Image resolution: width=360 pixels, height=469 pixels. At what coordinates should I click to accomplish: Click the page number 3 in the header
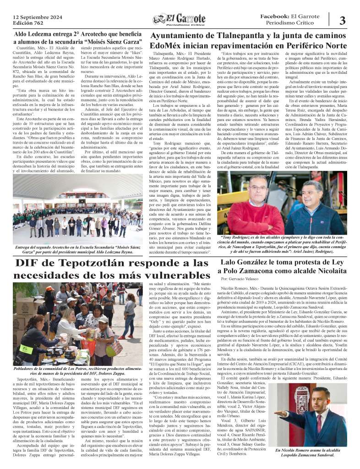(x=343, y=20)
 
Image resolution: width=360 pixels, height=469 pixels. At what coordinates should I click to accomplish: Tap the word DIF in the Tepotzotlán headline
(x=29, y=264)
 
